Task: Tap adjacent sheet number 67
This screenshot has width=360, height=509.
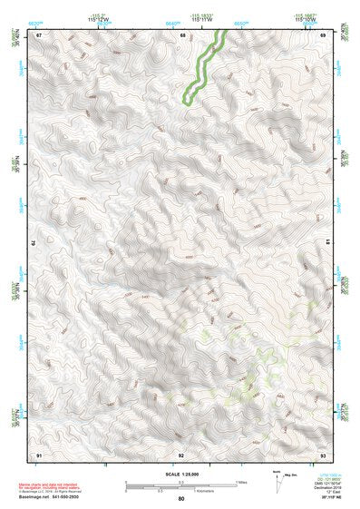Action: [x=38, y=34]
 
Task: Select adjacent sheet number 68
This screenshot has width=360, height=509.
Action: [x=182, y=34]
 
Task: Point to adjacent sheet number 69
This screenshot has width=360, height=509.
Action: [x=324, y=34]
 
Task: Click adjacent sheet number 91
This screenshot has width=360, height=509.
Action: [x=38, y=454]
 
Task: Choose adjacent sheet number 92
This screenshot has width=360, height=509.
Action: [x=181, y=454]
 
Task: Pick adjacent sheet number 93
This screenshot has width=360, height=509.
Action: [x=324, y=454]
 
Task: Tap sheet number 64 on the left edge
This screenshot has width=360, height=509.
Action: [x=34, y=244]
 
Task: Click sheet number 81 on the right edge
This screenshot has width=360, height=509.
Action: [x=327, y=244]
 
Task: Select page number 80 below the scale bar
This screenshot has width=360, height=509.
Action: [x=181, y=499]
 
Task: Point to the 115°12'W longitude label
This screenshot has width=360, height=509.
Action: [x=99, y=18]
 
